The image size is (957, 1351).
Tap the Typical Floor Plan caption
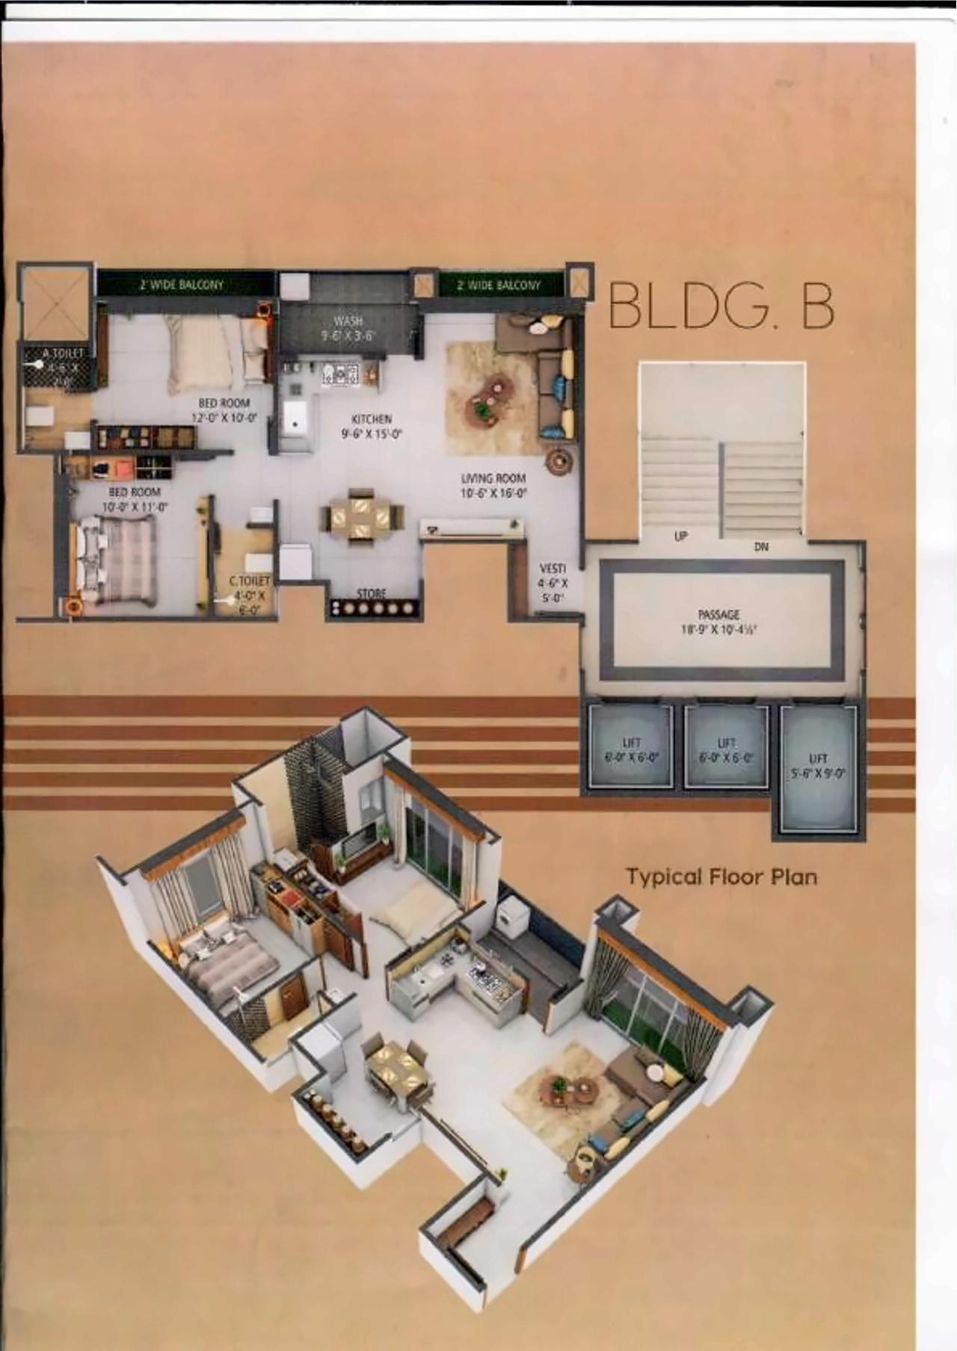(721, 877)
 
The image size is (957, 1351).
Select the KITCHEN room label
(372, 419)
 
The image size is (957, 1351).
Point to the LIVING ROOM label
(493, 478)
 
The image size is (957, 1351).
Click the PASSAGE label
(718, 614)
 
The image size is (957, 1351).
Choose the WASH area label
(348, 321)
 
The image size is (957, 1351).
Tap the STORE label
(372, 593)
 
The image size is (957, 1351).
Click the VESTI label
(553, 569)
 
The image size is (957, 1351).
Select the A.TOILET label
(63, 353)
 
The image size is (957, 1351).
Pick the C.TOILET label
(249, 581)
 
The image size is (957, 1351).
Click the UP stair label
(680, 536)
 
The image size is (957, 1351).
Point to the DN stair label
(761, 547)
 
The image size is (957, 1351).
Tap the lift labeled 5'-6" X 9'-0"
(819, 767)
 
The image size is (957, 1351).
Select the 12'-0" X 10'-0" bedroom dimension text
(224, 418)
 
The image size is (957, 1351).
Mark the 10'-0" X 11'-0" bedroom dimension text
(135, 507)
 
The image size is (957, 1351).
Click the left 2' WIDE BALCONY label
(182, 284)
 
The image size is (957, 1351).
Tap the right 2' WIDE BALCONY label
(499, 285)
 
